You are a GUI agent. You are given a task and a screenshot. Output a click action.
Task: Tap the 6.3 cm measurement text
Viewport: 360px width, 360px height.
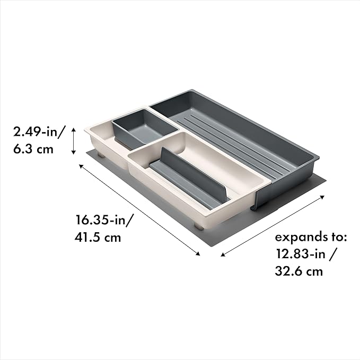pos(33,149)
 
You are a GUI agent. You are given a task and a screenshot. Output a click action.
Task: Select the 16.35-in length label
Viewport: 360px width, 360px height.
pos(104,220)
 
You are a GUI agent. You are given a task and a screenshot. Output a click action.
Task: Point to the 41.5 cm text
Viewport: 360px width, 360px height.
pos(98,237)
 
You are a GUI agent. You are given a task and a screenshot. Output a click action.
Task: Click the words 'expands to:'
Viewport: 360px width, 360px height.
pos(311,237)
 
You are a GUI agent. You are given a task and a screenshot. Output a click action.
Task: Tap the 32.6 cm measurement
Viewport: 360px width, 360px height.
pos(299,271)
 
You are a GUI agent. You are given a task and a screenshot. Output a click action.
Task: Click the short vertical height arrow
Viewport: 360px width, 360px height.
pos(74,141)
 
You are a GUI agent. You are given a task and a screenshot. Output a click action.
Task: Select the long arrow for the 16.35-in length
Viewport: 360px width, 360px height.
pos(139,209)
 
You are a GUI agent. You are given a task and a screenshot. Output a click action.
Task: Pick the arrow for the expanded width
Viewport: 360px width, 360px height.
pos(273,226)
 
